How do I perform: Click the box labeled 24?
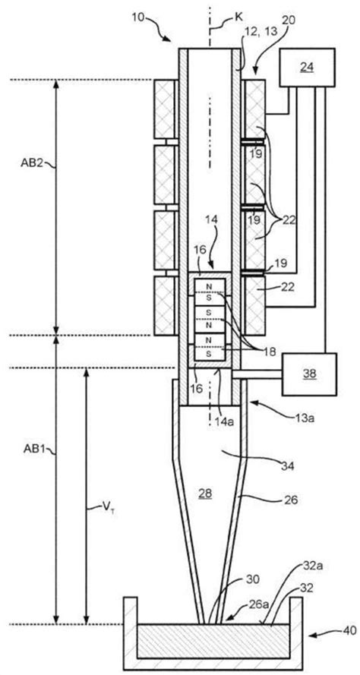tap(307, 67)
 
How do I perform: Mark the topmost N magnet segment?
tap(209, 286)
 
